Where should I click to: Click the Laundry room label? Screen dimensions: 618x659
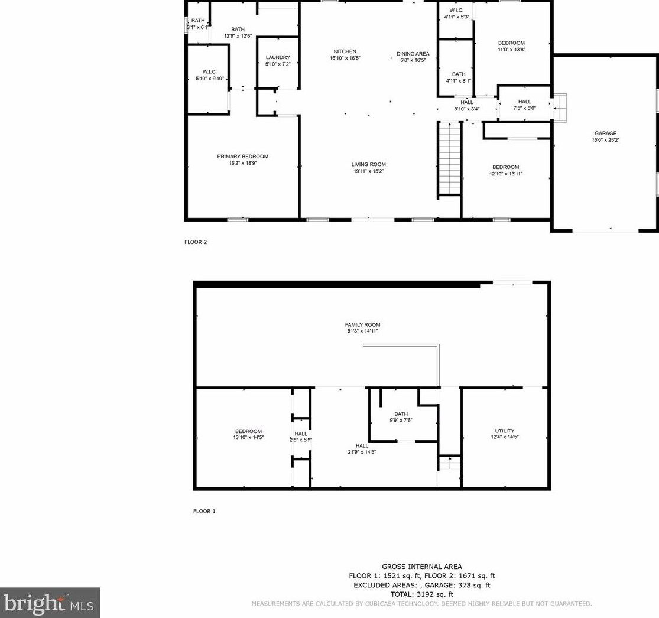click(278, 57)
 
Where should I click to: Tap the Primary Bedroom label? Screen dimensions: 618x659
click(242, 157)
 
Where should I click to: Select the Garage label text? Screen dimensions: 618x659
click(605, 134)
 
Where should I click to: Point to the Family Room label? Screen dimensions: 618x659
click(362, 324)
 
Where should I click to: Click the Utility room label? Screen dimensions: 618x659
click(504, 431)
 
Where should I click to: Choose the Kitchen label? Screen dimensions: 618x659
click(345, 51)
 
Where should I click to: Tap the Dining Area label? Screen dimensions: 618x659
click(413, 54)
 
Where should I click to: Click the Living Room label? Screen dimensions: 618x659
click(368, 164)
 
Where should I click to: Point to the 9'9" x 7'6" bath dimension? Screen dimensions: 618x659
click(401, 420)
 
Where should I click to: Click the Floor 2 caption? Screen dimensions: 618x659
click(196, 242)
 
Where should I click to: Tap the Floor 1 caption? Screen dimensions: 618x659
click(204, 511)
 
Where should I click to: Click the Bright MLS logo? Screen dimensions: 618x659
click(50, 603)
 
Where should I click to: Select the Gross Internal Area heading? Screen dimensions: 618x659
click(421, 567)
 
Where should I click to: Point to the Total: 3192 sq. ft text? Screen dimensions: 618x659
click(421, 594)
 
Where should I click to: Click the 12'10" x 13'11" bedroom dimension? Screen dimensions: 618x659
click(505, 174)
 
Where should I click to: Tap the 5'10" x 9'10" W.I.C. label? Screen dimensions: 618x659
click(210, 79)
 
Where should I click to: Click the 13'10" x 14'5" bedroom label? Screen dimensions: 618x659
click(248, 437)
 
